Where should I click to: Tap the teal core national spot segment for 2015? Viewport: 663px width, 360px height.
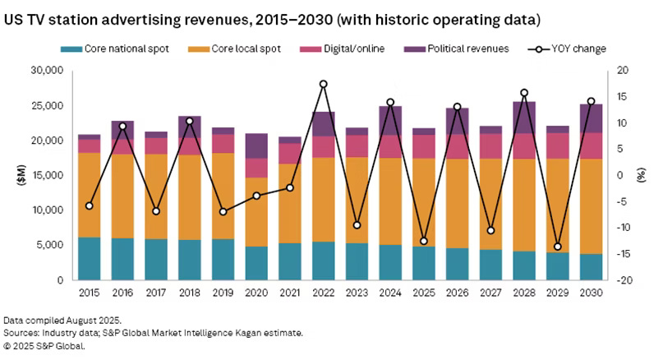click(90, 258)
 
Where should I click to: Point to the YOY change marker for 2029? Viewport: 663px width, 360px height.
click(558, 247)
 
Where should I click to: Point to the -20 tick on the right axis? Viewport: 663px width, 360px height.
click(625, 280)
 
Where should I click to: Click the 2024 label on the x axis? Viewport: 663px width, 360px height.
click(390, 292)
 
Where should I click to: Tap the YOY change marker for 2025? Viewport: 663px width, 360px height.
click(424, 241)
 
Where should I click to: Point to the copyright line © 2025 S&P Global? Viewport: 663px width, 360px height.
click(44, 345)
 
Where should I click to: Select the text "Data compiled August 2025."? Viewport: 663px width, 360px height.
click(62, 319)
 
